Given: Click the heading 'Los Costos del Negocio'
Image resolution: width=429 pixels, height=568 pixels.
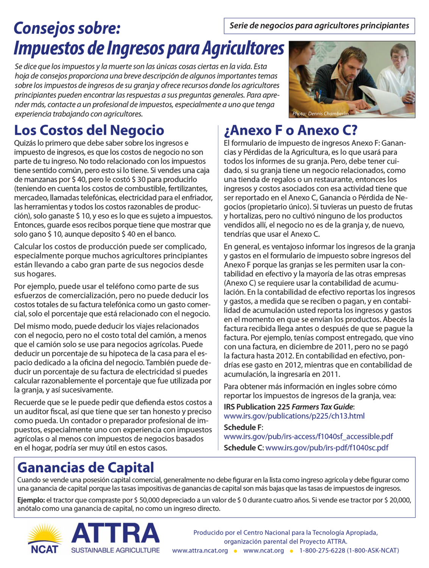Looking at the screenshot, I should [x=89, y=130].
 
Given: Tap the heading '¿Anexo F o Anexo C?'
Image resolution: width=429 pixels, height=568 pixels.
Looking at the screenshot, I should [x=290, y=130].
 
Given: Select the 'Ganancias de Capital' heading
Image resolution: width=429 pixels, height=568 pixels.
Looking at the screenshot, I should [x=86, y=467].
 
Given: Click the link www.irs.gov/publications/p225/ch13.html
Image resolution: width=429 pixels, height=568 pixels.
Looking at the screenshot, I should [x=294, y=416].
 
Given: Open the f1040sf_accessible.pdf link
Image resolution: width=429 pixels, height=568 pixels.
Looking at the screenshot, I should [x=308, y=437].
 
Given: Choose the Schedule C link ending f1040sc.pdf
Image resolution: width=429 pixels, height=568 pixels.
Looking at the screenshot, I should [x=327, y=448].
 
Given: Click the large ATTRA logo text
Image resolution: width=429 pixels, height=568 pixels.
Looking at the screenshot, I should [x=115, y=534].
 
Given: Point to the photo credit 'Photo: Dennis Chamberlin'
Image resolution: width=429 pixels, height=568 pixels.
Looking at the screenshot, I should [x=320, y=114].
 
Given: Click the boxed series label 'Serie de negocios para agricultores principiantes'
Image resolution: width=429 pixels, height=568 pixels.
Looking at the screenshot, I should [x=319, y=26].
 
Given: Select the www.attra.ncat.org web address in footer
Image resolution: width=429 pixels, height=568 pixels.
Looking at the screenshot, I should [x=200, y=551].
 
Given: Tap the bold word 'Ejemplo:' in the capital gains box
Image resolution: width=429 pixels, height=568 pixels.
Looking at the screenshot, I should [x=31, y=500].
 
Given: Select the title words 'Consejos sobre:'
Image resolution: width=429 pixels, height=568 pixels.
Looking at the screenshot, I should [x=67, y=28].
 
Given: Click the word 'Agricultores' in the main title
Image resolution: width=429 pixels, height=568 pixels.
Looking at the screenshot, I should [x=243, y=48].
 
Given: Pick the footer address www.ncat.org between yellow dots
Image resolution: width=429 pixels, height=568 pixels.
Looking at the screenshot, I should [x=264, y=551].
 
